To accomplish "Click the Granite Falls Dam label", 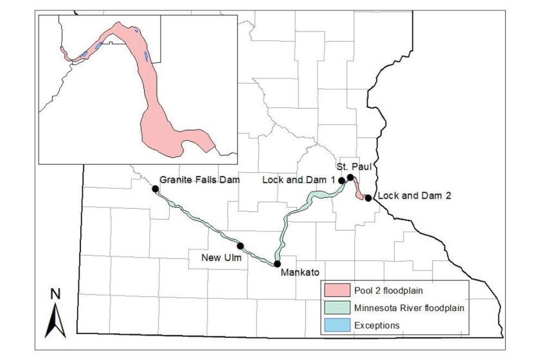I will pyautogui.click(x=199, y=180).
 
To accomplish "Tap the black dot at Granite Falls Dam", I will pyautogui.click(x=155, y=188).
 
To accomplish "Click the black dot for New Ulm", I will pyautogui.click(x=240, y=246).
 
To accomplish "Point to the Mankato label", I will pyautogui.click(x=300, y=272).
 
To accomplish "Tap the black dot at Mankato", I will pyautogui.click(x=277, y=264).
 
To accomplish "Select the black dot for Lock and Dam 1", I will pyautogui.click(x=342, y=181).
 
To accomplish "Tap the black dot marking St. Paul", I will pyautogui.click(x=350, y=177).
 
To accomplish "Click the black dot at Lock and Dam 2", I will pyautogui.click(x=368, y=198).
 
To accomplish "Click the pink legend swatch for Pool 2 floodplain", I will pyautogui.click(x=337, y=291).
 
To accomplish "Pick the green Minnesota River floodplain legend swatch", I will pyautogui.click(x=337, y=309).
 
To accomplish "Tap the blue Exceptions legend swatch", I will pyautogui.click(x=337, y=325).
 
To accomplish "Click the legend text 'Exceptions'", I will pyautogui.click(x=377, y=325).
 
